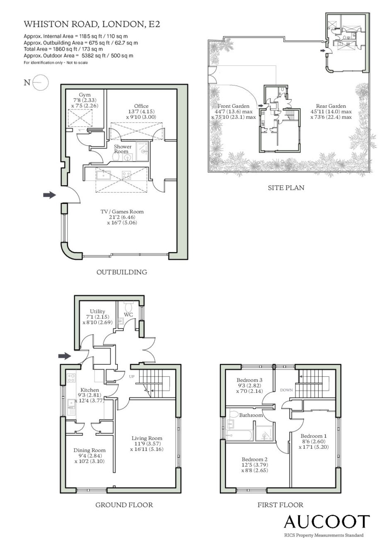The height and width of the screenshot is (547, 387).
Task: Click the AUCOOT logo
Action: [326, 521]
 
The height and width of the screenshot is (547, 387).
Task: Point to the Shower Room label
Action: [122, 149]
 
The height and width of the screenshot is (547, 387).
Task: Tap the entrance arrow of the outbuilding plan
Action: [50, 195]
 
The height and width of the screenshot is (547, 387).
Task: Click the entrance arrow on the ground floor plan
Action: [65, 356]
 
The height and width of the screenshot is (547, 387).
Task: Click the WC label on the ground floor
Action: [128, 315]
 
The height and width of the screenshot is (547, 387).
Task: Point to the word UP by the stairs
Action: [132, 376]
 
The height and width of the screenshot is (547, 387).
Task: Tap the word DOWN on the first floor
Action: [286, 390]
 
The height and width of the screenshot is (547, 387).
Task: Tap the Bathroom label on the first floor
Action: [251, 415]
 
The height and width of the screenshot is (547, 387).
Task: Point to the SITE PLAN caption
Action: [286, 188]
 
